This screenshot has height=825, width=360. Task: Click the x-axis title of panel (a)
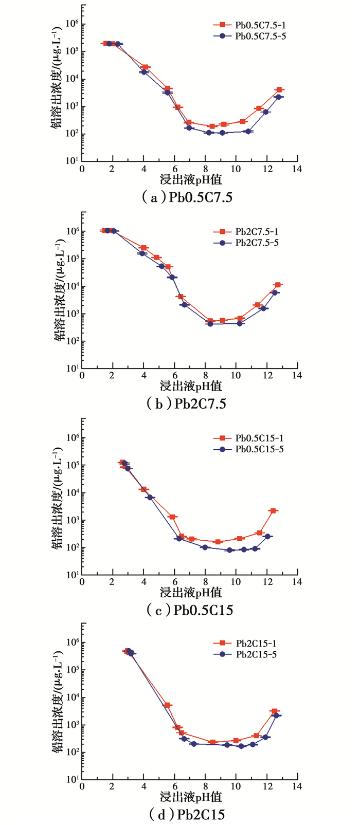tap(190, 179)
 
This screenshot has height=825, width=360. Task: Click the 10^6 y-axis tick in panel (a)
tap(71, 24)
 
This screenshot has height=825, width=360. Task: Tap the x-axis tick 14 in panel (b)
tap(297, 376)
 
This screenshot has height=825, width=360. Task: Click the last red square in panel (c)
tap(273, 510)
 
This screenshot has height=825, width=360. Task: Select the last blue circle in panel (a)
tap(278, 97)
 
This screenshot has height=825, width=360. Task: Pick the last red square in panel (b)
tap(278, 285)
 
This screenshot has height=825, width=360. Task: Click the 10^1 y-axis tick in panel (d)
tap(71, 779)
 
